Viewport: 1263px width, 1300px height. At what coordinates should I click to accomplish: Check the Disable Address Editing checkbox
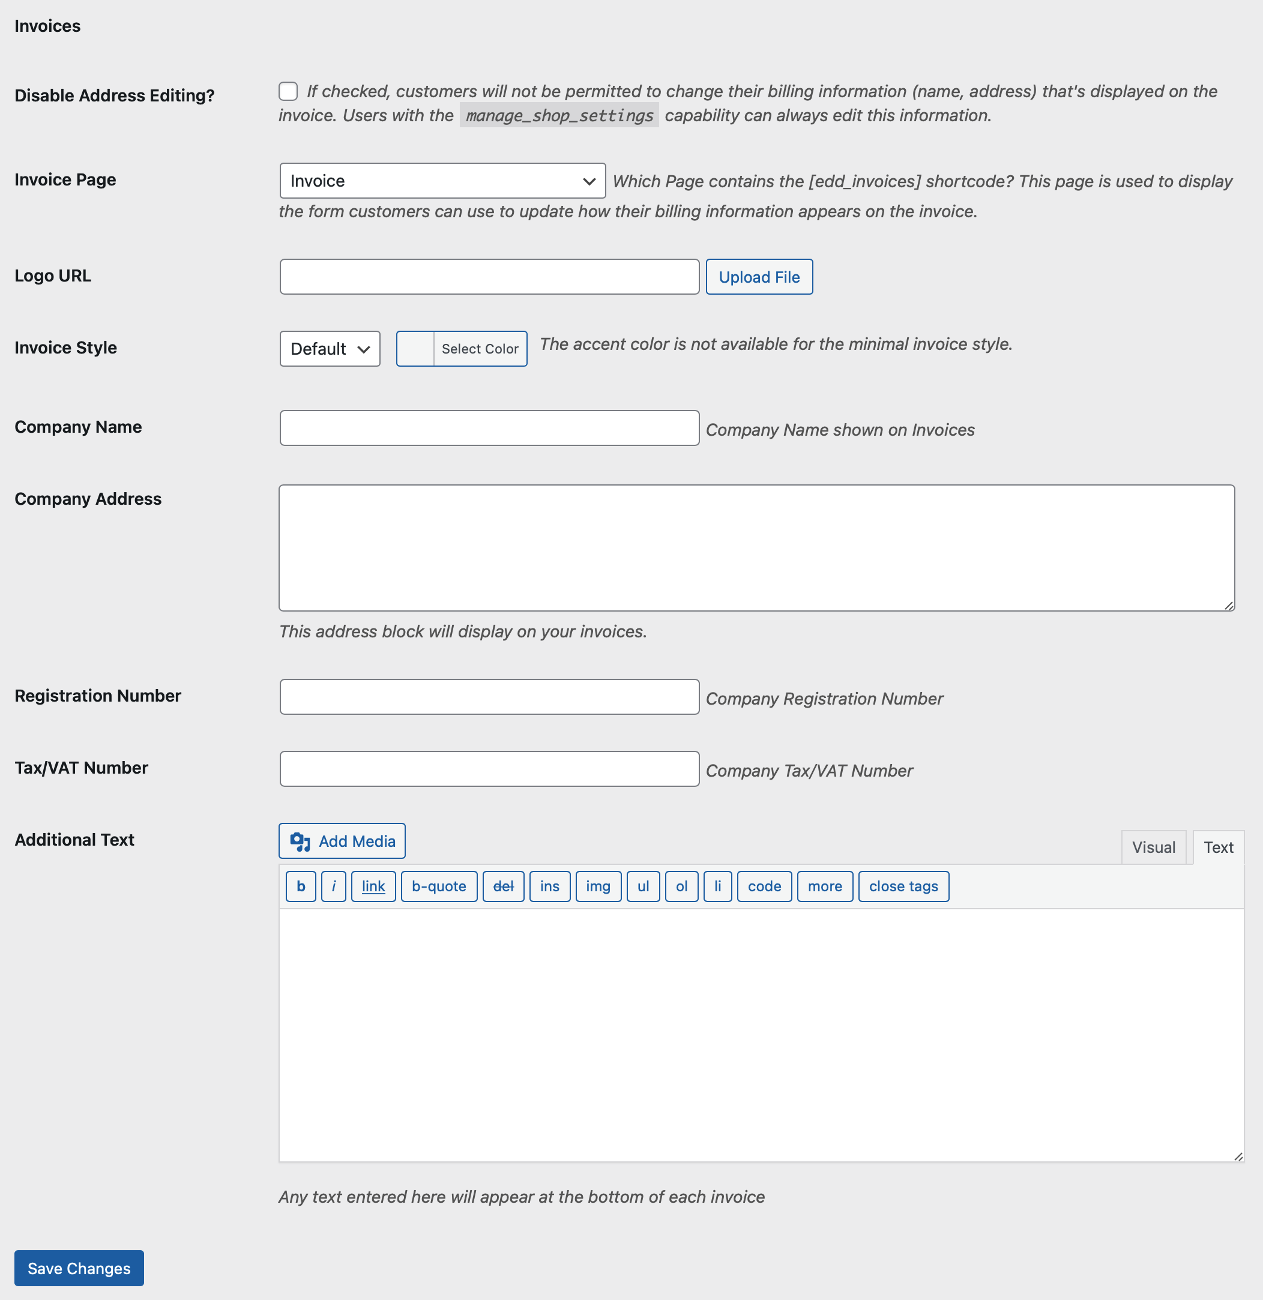point(288,92)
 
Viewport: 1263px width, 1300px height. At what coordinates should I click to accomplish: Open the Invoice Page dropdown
point(442,181)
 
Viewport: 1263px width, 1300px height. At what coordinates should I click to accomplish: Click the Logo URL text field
point(489,277)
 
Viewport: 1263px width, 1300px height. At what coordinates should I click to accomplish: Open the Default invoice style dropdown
point(330,349)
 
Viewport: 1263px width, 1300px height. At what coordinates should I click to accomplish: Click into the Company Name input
point(489,428)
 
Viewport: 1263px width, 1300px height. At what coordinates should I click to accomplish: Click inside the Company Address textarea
point(756,548)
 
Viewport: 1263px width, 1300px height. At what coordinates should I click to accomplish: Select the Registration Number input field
point(489,696)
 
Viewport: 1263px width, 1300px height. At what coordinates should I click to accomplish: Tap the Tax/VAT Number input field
point(489,769)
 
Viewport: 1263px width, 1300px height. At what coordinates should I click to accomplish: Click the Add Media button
point(342,841)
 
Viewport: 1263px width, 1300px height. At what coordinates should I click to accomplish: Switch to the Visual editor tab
point(1153,847)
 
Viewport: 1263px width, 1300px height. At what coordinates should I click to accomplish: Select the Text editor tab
point(1218,847)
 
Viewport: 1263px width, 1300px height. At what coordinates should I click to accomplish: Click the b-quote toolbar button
point(438,886)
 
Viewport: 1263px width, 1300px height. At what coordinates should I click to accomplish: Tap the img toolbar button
point(598,886)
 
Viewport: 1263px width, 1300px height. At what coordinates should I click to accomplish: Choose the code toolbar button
point(764,886)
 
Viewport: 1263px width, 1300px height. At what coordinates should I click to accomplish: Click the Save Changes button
point(79,1268)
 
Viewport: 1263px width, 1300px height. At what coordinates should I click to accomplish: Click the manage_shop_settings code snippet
point(559,115)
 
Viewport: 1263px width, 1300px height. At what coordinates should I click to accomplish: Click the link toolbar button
point(373,886)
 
